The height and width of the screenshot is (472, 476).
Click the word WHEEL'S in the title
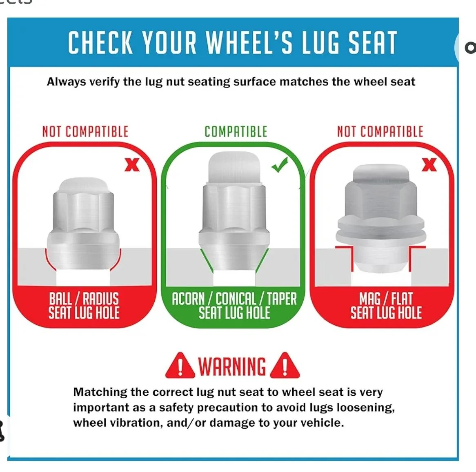(x=249, y=42)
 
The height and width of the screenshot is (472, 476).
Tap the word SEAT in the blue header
(x=372, y=42)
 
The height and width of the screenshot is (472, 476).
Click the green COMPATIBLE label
(x=236, y=132)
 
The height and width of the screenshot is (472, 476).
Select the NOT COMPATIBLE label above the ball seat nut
(x=85, y=132)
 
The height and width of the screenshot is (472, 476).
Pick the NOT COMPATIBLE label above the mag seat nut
(x=380, y=132)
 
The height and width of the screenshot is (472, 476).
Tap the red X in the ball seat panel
(x=132, y=165)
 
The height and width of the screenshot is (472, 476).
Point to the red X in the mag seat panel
(x=429, y=165)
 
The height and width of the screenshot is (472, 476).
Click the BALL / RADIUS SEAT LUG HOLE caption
(x=84, y=306)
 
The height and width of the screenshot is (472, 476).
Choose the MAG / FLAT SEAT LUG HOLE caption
(x=386, y=306)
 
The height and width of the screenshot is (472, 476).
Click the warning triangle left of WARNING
(x=180, y=366)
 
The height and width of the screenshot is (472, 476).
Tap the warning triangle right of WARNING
(x=285, y=366)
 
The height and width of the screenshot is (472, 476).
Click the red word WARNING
(x=232, y=366)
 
